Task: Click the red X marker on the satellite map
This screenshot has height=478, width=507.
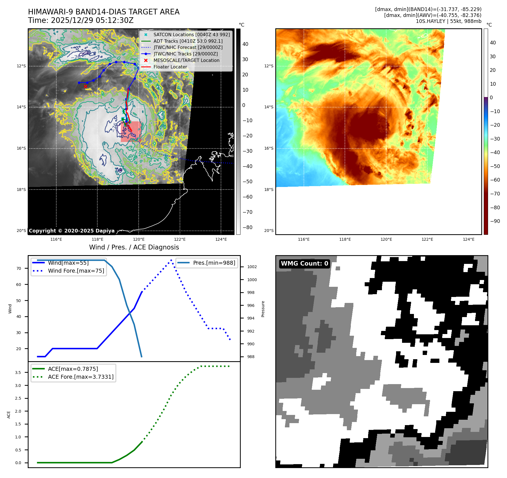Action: (85, 86)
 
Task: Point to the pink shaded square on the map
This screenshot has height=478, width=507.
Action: (131, 132)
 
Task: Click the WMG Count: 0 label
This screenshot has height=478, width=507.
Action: (304, 264)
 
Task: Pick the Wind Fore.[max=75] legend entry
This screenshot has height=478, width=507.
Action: (76, 271)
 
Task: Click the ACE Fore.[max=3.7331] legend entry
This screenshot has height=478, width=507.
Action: (81, 377)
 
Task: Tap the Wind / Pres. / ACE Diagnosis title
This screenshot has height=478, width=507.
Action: (134, 247)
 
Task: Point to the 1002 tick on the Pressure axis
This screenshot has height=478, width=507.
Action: (252, 267)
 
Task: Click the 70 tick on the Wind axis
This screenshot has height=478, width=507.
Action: (19, 268)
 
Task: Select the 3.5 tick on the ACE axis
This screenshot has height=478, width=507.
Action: (18, 373)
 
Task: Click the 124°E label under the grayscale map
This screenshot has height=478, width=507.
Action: (221, 239)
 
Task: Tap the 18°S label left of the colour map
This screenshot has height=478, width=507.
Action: (269, 190)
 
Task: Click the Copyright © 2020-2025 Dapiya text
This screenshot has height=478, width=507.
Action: (72, 231)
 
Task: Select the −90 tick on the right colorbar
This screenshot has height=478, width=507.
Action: (495, 221)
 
